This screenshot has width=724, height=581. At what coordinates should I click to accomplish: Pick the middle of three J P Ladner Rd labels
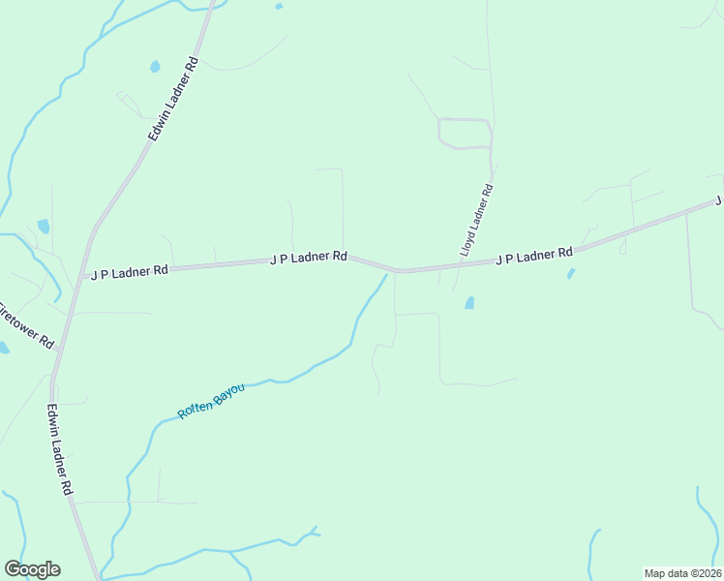coord(308,258)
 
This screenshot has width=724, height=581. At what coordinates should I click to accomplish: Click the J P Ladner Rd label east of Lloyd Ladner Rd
coord(534,257)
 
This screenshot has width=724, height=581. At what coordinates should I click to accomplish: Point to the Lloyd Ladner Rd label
coord(476,221)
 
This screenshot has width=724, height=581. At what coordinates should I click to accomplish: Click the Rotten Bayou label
coord(211,401)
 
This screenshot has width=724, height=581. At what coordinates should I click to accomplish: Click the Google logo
coord(32,569)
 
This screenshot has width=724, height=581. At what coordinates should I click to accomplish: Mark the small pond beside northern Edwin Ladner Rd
coord(155,67)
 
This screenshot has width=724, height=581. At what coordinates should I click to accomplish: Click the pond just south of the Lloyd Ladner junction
coord(469,302)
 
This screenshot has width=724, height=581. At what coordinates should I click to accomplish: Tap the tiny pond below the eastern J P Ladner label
coord(571,274)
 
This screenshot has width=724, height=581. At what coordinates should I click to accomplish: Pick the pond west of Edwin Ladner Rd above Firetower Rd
coord(44,227)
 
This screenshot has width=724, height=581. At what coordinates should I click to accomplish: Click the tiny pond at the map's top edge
coord(279,6)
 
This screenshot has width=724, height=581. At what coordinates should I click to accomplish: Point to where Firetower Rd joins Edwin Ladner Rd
coord(59,348)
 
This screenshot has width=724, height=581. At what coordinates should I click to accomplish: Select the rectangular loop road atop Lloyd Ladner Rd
coord(465,134)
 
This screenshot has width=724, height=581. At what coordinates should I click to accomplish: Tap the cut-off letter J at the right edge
coord(719,200)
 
